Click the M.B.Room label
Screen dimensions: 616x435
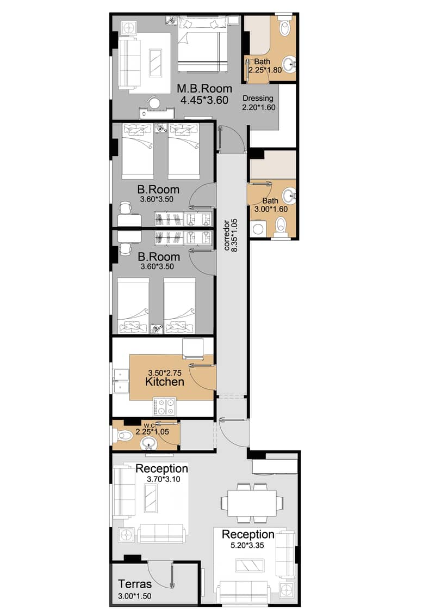tap(204, 89)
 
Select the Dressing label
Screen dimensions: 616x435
tap(258, 99)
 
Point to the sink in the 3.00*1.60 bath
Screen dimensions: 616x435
tap(290, 194)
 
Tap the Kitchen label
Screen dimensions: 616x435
tap(164, 382)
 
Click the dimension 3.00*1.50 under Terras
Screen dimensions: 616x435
tap(134, 596)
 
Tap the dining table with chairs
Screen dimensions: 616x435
tap(252, 502)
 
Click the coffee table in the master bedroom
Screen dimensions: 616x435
tap(156, 63)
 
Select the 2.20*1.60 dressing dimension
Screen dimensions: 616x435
tap(259, 107)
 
